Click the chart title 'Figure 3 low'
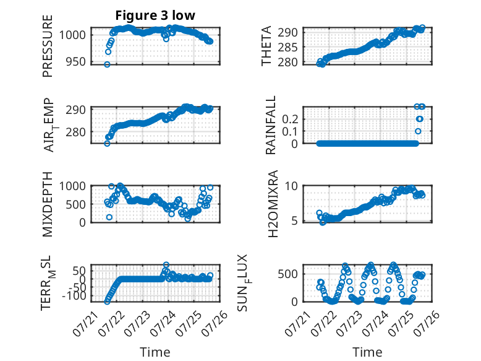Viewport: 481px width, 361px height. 155,15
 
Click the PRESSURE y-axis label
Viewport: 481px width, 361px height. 48,46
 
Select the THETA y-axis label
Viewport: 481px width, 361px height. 266,46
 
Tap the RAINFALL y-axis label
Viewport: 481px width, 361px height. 271,125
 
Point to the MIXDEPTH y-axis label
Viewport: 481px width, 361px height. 48,204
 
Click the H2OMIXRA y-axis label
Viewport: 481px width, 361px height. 273,204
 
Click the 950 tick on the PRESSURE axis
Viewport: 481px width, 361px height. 77,62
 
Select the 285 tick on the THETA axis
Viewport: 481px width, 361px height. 287,47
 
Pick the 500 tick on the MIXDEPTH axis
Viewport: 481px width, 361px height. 77,204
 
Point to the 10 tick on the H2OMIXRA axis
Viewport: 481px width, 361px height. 291,186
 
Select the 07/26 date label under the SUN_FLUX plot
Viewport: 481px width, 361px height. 427,323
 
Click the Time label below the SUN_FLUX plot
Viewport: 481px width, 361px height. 367,352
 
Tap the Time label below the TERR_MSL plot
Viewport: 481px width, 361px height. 155,352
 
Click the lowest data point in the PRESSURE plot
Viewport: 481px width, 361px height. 107,64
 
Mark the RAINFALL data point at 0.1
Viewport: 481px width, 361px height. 418,131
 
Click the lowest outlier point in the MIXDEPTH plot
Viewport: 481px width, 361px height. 109,217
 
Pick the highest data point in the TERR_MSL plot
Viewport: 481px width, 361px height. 166,264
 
